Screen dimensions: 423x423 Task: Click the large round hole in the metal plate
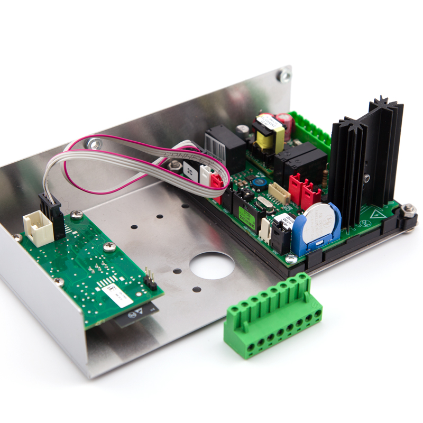tap(212, 265)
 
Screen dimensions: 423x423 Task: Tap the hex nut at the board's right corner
tap(409, 210)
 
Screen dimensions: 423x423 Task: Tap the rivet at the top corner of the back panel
tap(284, 76)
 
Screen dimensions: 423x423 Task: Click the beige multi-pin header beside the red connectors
tap(278, 192)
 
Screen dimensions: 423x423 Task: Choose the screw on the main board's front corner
tap(290, 259)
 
